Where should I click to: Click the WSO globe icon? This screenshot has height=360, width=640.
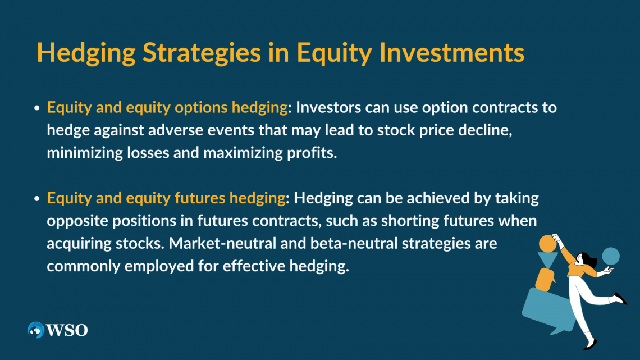36,330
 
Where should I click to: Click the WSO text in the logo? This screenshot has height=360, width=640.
67,330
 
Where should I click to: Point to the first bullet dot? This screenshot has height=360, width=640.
36,107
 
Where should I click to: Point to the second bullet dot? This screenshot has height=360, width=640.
36,198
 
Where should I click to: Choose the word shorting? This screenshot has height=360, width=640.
405,221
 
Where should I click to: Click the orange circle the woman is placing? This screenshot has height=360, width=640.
547,243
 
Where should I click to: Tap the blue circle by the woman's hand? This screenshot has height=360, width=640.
610,256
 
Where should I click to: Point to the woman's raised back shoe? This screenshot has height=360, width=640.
620,298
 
